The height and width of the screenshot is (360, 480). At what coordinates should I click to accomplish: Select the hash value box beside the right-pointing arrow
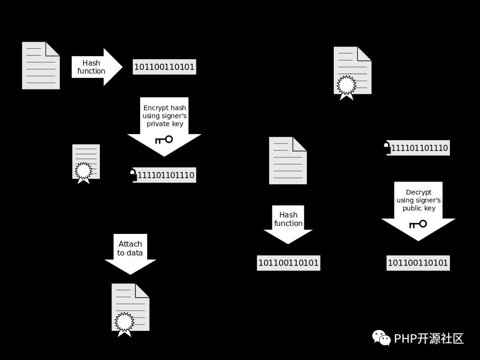165,67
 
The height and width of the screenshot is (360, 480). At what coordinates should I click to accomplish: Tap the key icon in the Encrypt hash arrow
164,140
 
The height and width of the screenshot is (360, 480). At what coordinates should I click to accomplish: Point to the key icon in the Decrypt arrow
418,225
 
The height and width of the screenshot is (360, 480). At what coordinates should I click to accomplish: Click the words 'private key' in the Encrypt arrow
165,124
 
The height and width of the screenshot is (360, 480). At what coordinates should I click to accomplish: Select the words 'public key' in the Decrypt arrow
419,208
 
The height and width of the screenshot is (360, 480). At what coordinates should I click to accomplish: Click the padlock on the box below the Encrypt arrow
133,175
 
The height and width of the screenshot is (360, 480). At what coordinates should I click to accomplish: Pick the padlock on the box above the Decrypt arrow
387,148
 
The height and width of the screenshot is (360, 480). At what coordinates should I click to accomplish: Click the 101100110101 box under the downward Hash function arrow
288,263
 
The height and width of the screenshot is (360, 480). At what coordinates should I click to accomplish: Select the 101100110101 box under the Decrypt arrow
418,263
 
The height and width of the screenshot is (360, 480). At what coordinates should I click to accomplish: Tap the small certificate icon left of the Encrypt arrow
86,164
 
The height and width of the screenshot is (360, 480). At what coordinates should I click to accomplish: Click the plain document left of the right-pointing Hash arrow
41,66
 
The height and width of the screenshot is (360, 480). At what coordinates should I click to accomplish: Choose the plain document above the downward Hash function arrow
288,160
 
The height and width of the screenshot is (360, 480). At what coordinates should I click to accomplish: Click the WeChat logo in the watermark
381,337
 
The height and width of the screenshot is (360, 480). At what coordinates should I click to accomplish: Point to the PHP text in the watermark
405,338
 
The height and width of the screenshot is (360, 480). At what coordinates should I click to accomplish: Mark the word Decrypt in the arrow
419,192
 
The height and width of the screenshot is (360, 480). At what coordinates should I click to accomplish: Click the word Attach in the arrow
130,244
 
